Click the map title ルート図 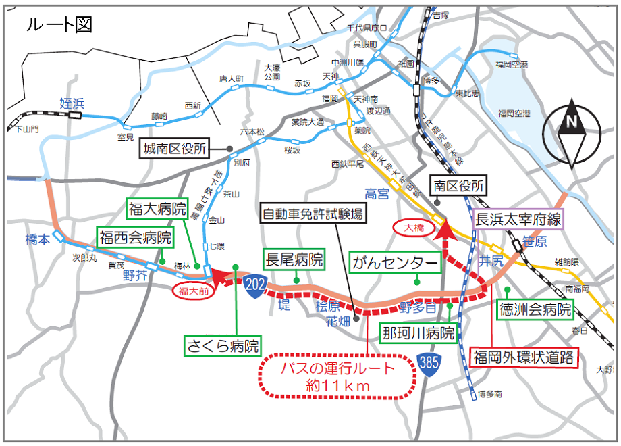pos(59,25)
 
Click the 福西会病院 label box pos(135,237)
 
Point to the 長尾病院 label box pos(294,259)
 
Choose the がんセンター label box pos(395,263)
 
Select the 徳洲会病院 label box pos(535,310)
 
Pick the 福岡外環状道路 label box pos(524,356)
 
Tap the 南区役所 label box pos(459,185)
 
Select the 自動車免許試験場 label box pos(313,216)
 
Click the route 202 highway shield pos(254,283)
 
